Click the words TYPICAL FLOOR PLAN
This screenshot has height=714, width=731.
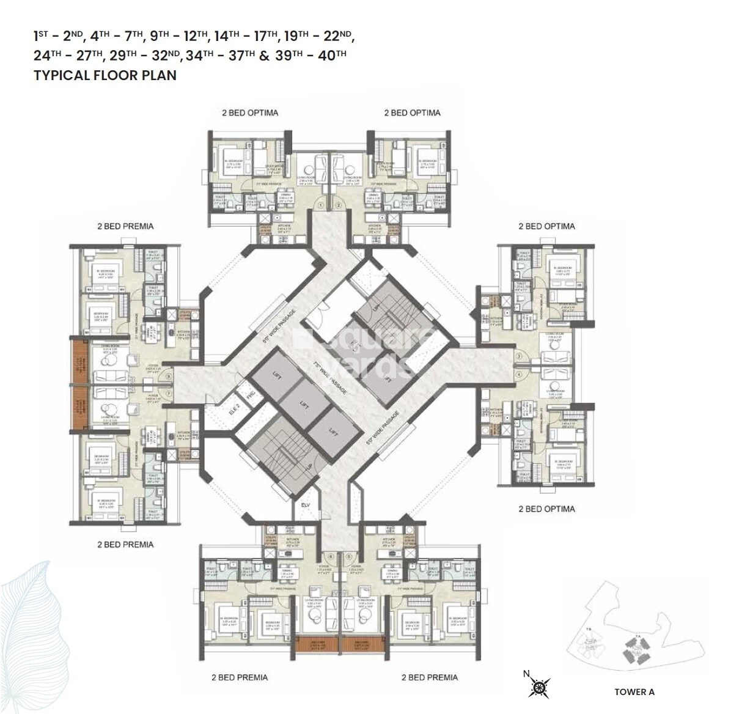point(105,75)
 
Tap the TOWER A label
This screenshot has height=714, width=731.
point(634,691)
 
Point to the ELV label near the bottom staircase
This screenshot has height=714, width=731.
point(306,505)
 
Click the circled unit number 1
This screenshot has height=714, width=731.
point(320,205)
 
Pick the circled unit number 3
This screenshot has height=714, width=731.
point(518,356)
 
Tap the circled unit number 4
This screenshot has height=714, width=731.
point(518,375)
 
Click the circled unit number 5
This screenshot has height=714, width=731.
point(349,556)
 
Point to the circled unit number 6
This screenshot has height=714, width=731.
point(331,556)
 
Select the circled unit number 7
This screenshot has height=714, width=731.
point(168,394)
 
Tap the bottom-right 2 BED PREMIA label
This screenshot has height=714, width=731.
point(429,677)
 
